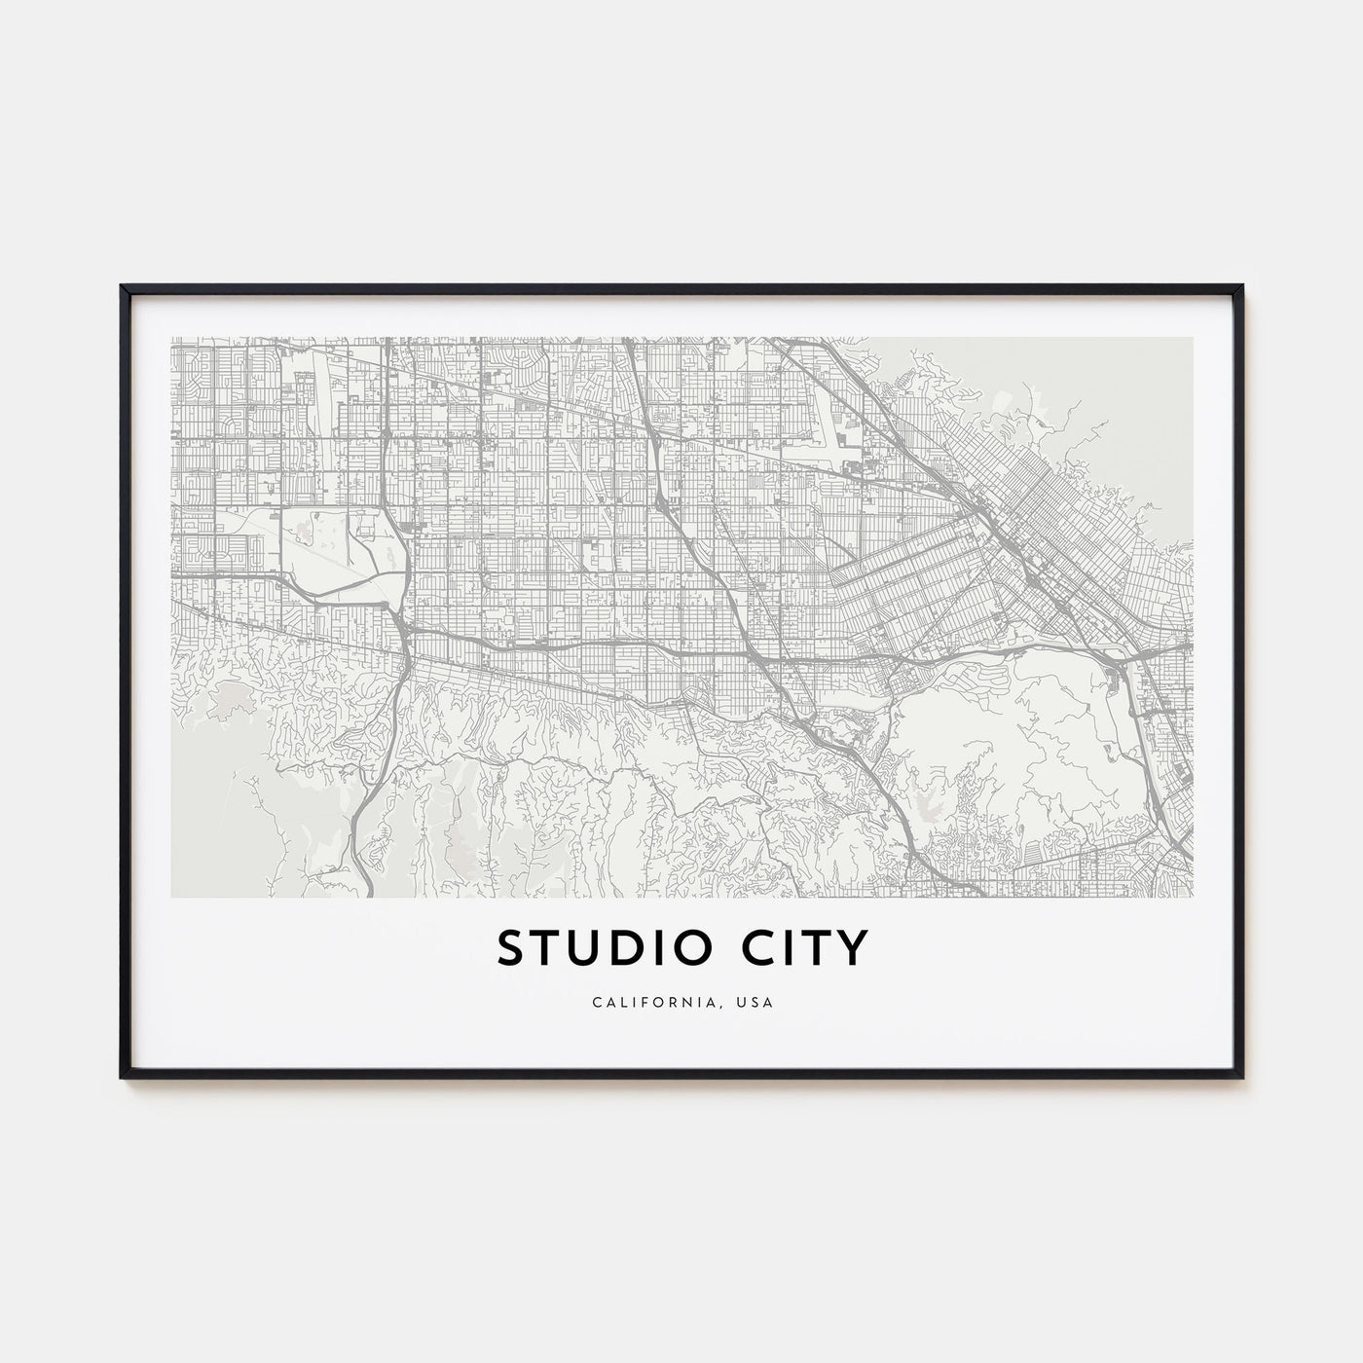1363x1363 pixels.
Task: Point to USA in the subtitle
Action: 757,1002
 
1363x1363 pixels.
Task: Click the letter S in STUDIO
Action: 514,948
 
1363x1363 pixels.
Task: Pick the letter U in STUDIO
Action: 586,948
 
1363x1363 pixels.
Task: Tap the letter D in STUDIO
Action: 628,948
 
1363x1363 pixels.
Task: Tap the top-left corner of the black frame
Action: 123,287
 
